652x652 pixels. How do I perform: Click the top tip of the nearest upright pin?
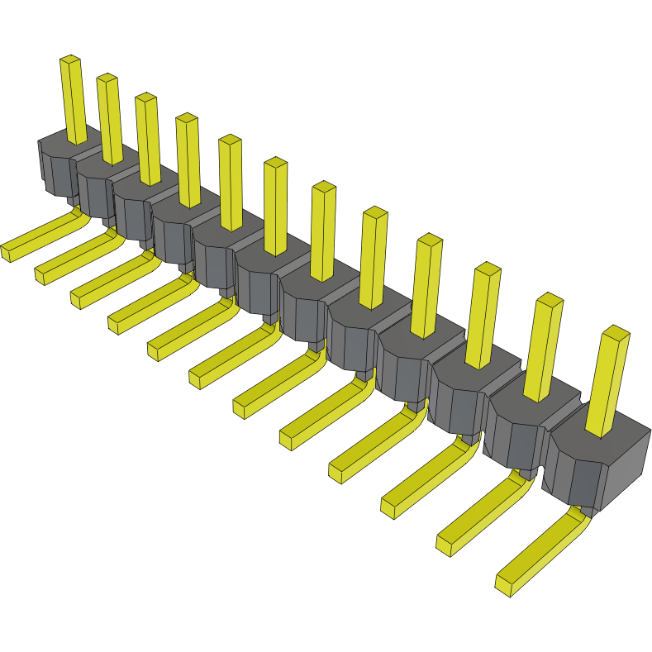[x=616, y=333]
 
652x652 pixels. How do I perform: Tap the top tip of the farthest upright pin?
[x=70, y=60]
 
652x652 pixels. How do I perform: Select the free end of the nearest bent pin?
[x=507, y=584]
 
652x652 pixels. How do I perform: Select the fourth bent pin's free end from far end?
[x=117, y=322]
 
